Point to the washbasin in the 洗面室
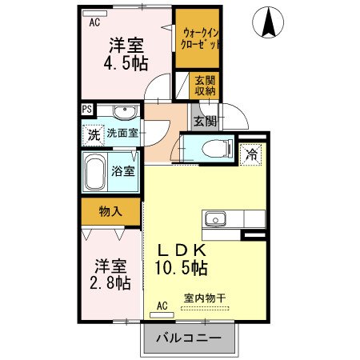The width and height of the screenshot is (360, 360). tap(123, 113)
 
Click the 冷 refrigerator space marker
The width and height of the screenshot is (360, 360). tap(252, 154)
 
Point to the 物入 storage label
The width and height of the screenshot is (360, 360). tap(110, 211)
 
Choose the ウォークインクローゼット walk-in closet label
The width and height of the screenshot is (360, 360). tap(198, 38)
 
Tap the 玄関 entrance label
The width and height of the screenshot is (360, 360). tap(205, 122)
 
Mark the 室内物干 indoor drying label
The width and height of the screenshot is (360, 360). tap(205, 298)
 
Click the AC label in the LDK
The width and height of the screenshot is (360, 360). tap(162, 305)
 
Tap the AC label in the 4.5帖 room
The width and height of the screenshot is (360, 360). tap(94, 22)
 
